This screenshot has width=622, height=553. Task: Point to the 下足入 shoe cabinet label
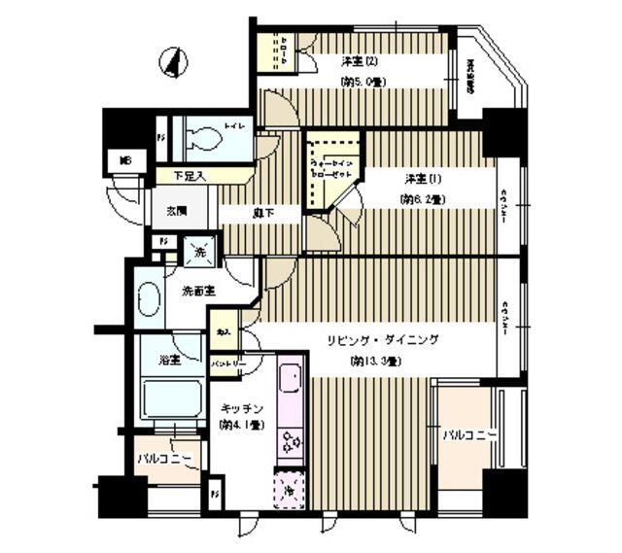coord(189,176)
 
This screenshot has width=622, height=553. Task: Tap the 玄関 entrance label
coord(175,210)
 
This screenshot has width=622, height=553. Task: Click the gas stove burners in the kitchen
coord(291,444)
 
